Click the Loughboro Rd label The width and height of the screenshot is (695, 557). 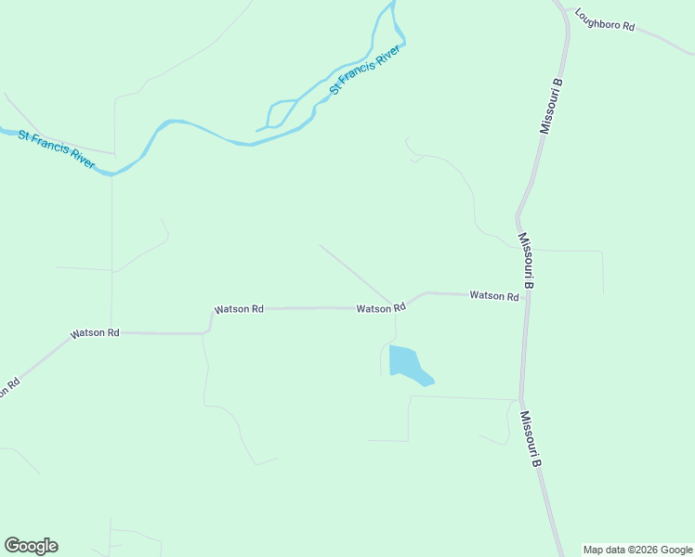604,20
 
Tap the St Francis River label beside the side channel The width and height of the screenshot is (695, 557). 365,70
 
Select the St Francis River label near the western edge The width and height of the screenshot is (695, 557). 57,149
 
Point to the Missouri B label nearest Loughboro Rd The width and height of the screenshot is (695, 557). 553,107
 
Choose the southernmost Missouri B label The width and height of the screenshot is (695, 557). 531,439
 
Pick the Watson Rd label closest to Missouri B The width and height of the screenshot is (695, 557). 493,295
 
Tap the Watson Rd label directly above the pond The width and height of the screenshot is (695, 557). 381,308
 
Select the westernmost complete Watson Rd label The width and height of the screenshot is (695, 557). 96,332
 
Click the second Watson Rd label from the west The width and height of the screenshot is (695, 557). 239,309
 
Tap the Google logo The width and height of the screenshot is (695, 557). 31,546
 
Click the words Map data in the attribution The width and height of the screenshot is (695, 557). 603,550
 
